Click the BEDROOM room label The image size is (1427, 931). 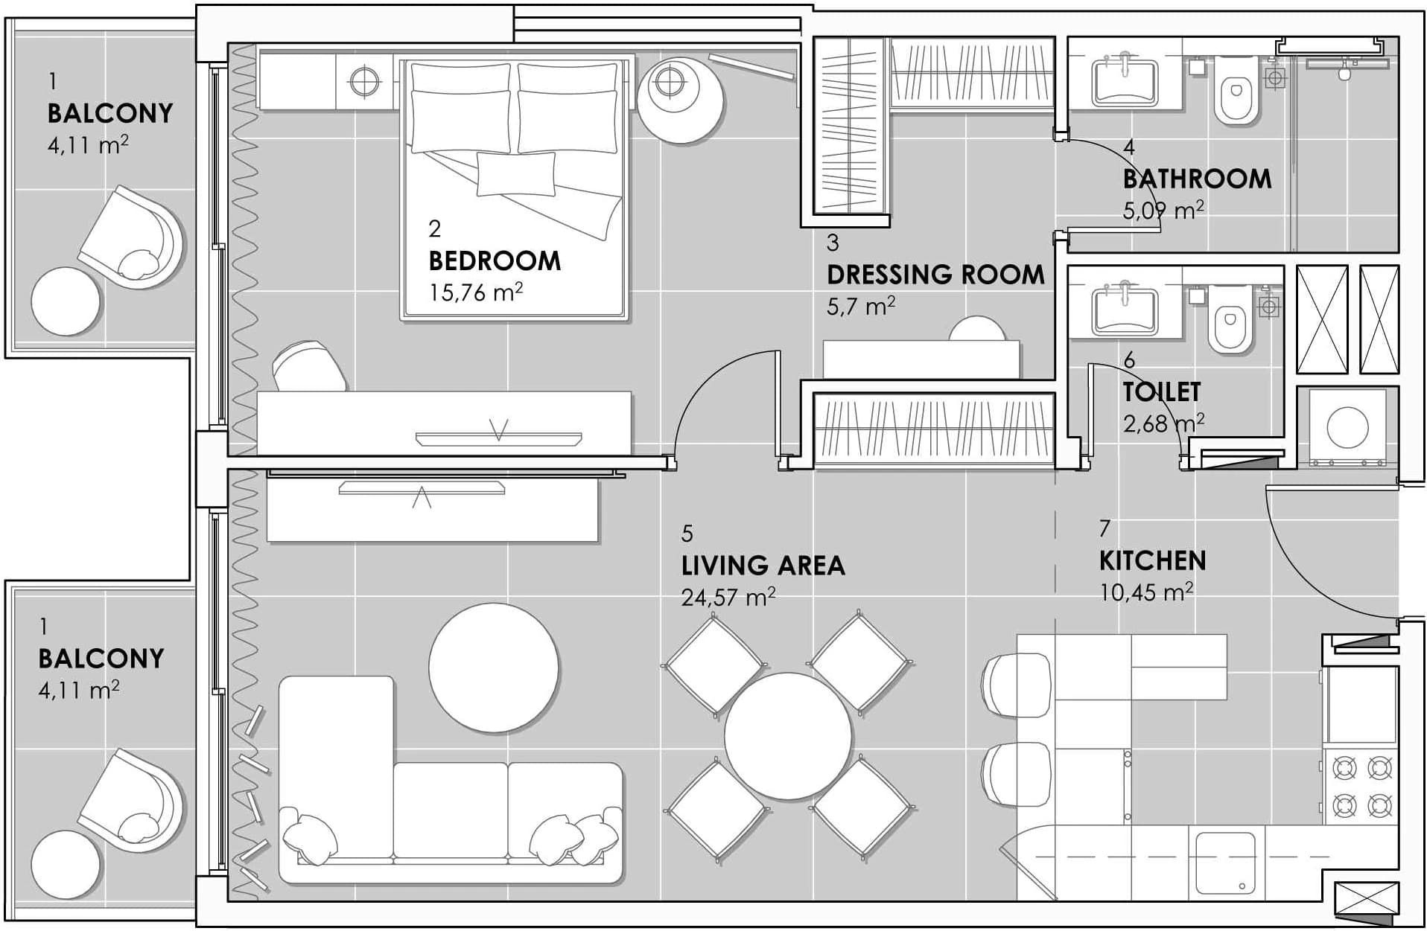[495, 260]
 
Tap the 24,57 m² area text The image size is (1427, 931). [728, 597]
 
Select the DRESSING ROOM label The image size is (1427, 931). [935, 275]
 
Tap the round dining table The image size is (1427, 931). [788, 736]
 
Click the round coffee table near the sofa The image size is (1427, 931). [494, 668]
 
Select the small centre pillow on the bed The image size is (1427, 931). [516, 173]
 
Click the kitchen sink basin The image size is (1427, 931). [1225, 862]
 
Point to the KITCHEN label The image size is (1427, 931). [1152, 560]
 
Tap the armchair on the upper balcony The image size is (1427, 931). [132, 238]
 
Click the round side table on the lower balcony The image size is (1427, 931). [66, 865]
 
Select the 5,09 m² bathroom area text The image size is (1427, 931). [1163, 211]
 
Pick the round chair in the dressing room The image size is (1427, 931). [977, 328]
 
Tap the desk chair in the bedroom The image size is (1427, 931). [308, 365]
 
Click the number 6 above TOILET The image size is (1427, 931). [1129, 361]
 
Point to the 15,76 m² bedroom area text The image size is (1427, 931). [476, 292]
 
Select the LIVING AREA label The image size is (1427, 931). [763, 566]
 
